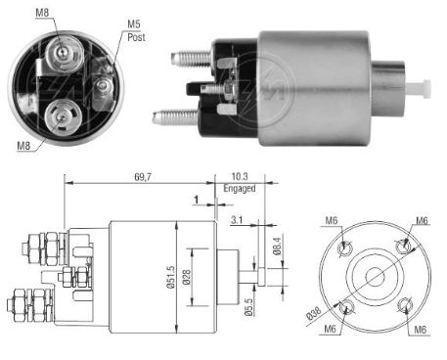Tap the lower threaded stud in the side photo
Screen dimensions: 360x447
[173, 117]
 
